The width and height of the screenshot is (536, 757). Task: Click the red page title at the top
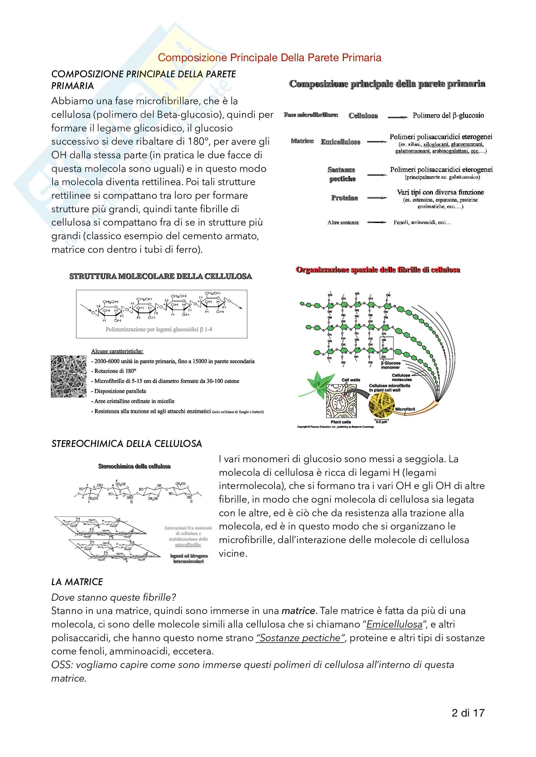(269, 58)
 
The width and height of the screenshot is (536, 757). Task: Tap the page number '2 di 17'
(468, 713)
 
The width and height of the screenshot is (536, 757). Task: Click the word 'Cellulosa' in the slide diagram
(363, 116)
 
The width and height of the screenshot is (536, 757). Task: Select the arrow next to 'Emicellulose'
(377, 142)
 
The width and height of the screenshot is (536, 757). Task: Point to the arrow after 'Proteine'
(377, 198)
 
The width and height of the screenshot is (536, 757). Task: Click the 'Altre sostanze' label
(343, 223)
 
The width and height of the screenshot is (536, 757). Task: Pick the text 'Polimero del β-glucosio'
(448, 116)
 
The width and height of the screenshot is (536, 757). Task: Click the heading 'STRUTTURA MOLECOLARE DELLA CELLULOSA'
(160, 276)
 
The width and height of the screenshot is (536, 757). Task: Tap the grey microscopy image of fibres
(69, 376)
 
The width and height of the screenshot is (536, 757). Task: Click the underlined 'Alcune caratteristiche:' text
(117, 351)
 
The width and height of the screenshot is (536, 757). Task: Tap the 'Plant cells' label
(341, 422)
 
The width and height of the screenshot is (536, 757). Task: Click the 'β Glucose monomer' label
(390, 365)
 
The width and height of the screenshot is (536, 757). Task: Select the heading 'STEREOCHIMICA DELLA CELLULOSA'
(126, 444)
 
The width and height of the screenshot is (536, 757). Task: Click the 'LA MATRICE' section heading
(77, 582)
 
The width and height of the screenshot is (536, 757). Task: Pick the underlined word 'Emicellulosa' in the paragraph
(394, 624)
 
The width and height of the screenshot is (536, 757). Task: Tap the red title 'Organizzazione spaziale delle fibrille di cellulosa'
(378, 270)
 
